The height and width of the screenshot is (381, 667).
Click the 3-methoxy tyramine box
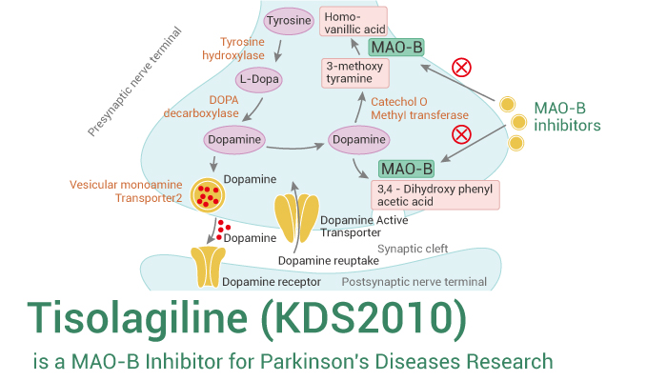click(355, 72)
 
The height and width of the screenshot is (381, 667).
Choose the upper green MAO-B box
click(396, 48)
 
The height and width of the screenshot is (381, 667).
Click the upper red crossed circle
click(461, 67)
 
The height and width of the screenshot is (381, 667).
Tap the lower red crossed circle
click(461, 133)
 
